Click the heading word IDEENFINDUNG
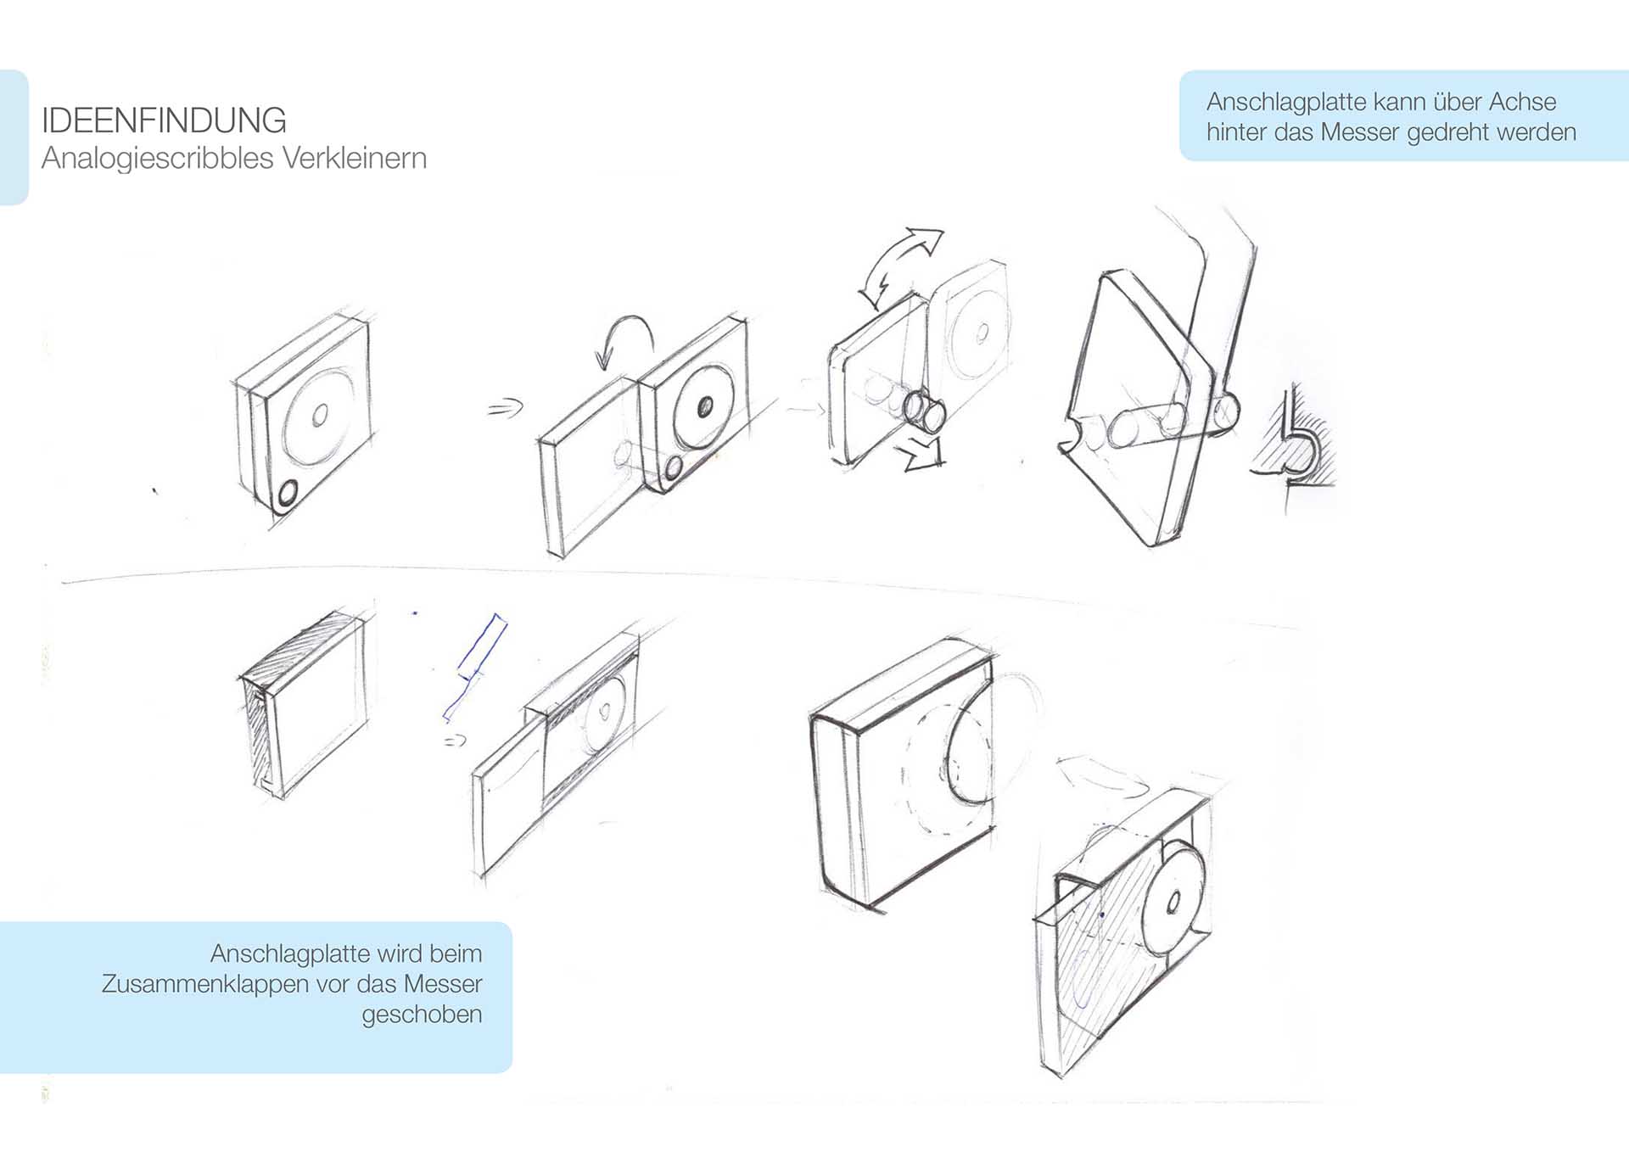164,120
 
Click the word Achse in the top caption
1522,102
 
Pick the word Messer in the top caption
1360,132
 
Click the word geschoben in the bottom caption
422,1015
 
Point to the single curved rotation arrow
625,339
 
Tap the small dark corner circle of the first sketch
287,493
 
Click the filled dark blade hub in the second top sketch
705,408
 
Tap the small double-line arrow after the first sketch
505,409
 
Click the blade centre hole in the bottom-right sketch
1174,903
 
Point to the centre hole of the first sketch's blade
320,415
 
